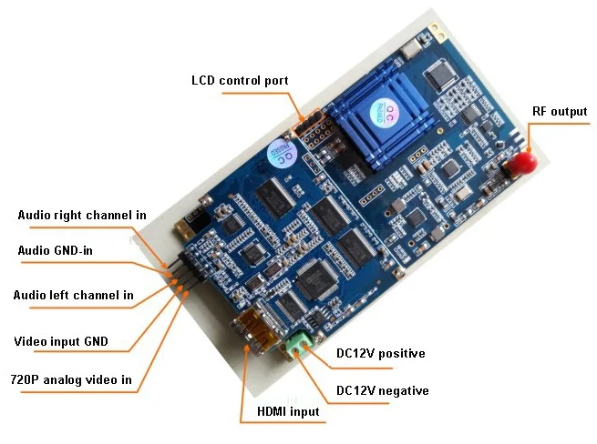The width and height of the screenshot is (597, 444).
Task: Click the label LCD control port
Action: click(240, 80)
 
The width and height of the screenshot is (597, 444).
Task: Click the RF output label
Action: click(560, 112)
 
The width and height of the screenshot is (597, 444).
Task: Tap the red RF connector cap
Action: click(522, 164)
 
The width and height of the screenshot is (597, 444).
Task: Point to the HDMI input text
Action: click(282, 411)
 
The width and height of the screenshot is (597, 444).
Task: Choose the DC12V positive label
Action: click(380, 354)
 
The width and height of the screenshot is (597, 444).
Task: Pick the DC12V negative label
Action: click(382, 390)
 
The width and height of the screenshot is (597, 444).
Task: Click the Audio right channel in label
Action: click(82, 216)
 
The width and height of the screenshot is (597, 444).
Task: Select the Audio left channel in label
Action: click(73, 295)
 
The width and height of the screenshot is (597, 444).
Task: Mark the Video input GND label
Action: click(61, 342)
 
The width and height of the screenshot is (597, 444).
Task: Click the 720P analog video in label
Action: click(70, 379)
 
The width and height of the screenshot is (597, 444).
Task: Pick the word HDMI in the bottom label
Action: click(262, 411)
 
